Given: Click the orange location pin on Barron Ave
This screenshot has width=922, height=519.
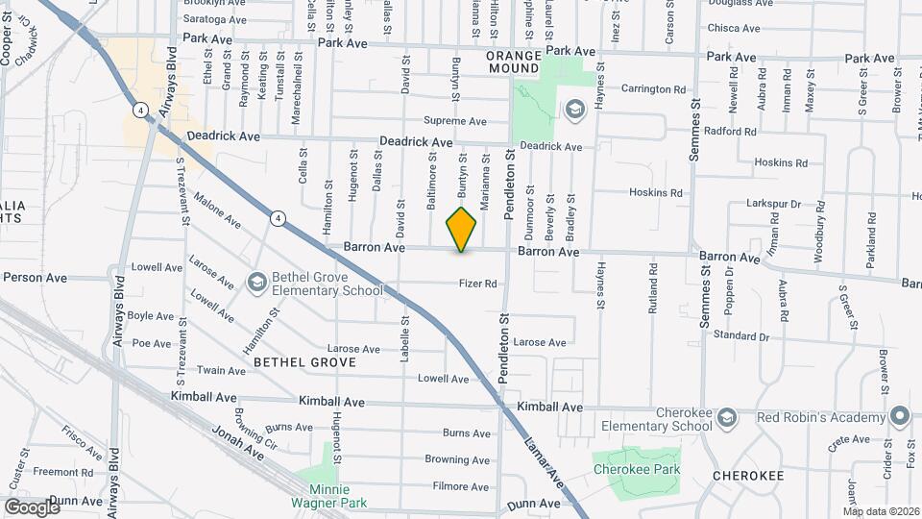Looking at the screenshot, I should coord(462,229).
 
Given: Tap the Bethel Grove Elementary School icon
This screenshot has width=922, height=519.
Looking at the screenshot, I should coord(256,282).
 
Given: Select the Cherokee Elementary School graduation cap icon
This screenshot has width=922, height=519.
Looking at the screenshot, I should coord(727,417).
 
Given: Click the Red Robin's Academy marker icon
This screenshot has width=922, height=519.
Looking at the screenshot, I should coord(899,417).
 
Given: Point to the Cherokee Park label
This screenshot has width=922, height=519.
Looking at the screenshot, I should coord(636,470).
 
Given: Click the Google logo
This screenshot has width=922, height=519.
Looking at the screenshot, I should coord(32,507).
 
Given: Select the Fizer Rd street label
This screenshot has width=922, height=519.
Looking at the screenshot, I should coord(477,284).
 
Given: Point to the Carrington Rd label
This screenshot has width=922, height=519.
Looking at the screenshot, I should coord(653,89).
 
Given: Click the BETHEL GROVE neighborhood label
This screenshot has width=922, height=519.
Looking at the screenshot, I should coord(304,362).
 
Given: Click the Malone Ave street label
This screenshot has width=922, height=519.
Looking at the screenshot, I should coord(217,210).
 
